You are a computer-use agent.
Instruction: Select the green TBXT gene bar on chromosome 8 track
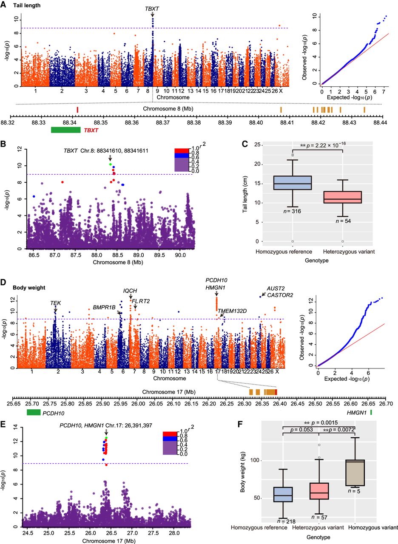pyautogui.click(x=65, y=130)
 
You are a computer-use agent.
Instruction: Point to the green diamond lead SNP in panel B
pyautogui.click(x=110, y=164)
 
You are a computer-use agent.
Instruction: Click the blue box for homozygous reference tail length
pyautogui.click(x=293, y=183)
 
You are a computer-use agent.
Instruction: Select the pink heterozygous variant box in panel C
pyautogui.click(x=349, y=197)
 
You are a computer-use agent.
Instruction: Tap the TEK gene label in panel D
pyautogui.click(x=56, y=303)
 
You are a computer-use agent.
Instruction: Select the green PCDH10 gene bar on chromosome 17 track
pyautogui.click(x=34, y=412)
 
